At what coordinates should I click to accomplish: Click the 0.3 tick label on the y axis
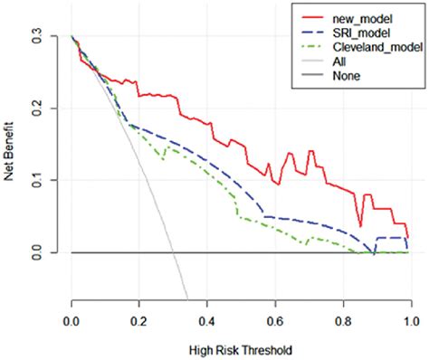[x=37, y=36]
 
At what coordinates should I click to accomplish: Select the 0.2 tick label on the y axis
[x=37, y=108]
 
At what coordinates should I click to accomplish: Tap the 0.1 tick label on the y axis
[x=37, y=180]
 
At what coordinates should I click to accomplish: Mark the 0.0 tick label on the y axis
[x=37, y=252]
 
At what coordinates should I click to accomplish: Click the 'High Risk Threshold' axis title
[x=241, y=348]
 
